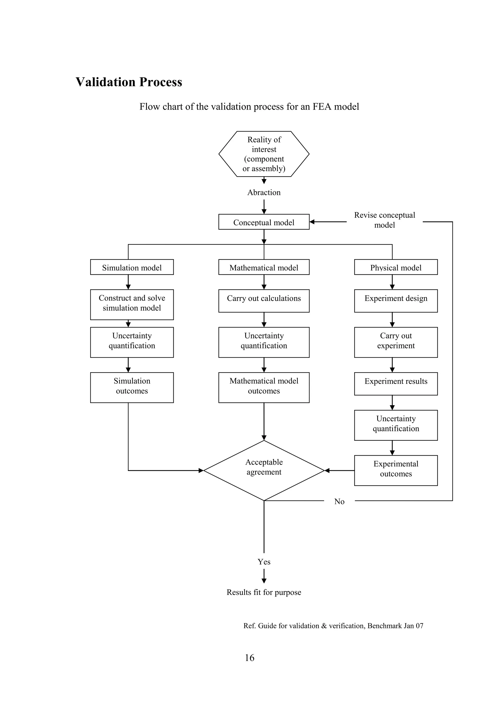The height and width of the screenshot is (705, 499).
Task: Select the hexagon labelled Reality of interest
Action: coord(264,154)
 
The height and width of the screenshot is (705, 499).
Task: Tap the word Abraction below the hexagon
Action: coord(264,193)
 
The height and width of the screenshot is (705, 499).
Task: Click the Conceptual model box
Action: coord(264,222)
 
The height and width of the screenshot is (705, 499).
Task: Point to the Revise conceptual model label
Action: coord(384,220)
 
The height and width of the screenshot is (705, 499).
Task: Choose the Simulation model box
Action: coord(132,267)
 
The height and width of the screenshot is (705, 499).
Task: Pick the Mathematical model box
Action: coord(264,267)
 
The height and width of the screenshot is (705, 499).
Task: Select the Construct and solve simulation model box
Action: coord(132,304)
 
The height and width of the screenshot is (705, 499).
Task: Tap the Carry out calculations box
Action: coord(264,301)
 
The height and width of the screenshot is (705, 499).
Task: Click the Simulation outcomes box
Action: coord(132,387)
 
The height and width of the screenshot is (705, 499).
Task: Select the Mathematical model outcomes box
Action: coord(264,387)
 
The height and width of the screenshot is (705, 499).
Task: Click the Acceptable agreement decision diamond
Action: coord(264,470)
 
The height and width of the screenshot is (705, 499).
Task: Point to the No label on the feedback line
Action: coord(339,501)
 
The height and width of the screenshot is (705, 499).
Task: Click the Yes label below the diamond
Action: coord(264,562)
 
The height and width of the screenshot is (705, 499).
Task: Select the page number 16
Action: coord(249,658)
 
